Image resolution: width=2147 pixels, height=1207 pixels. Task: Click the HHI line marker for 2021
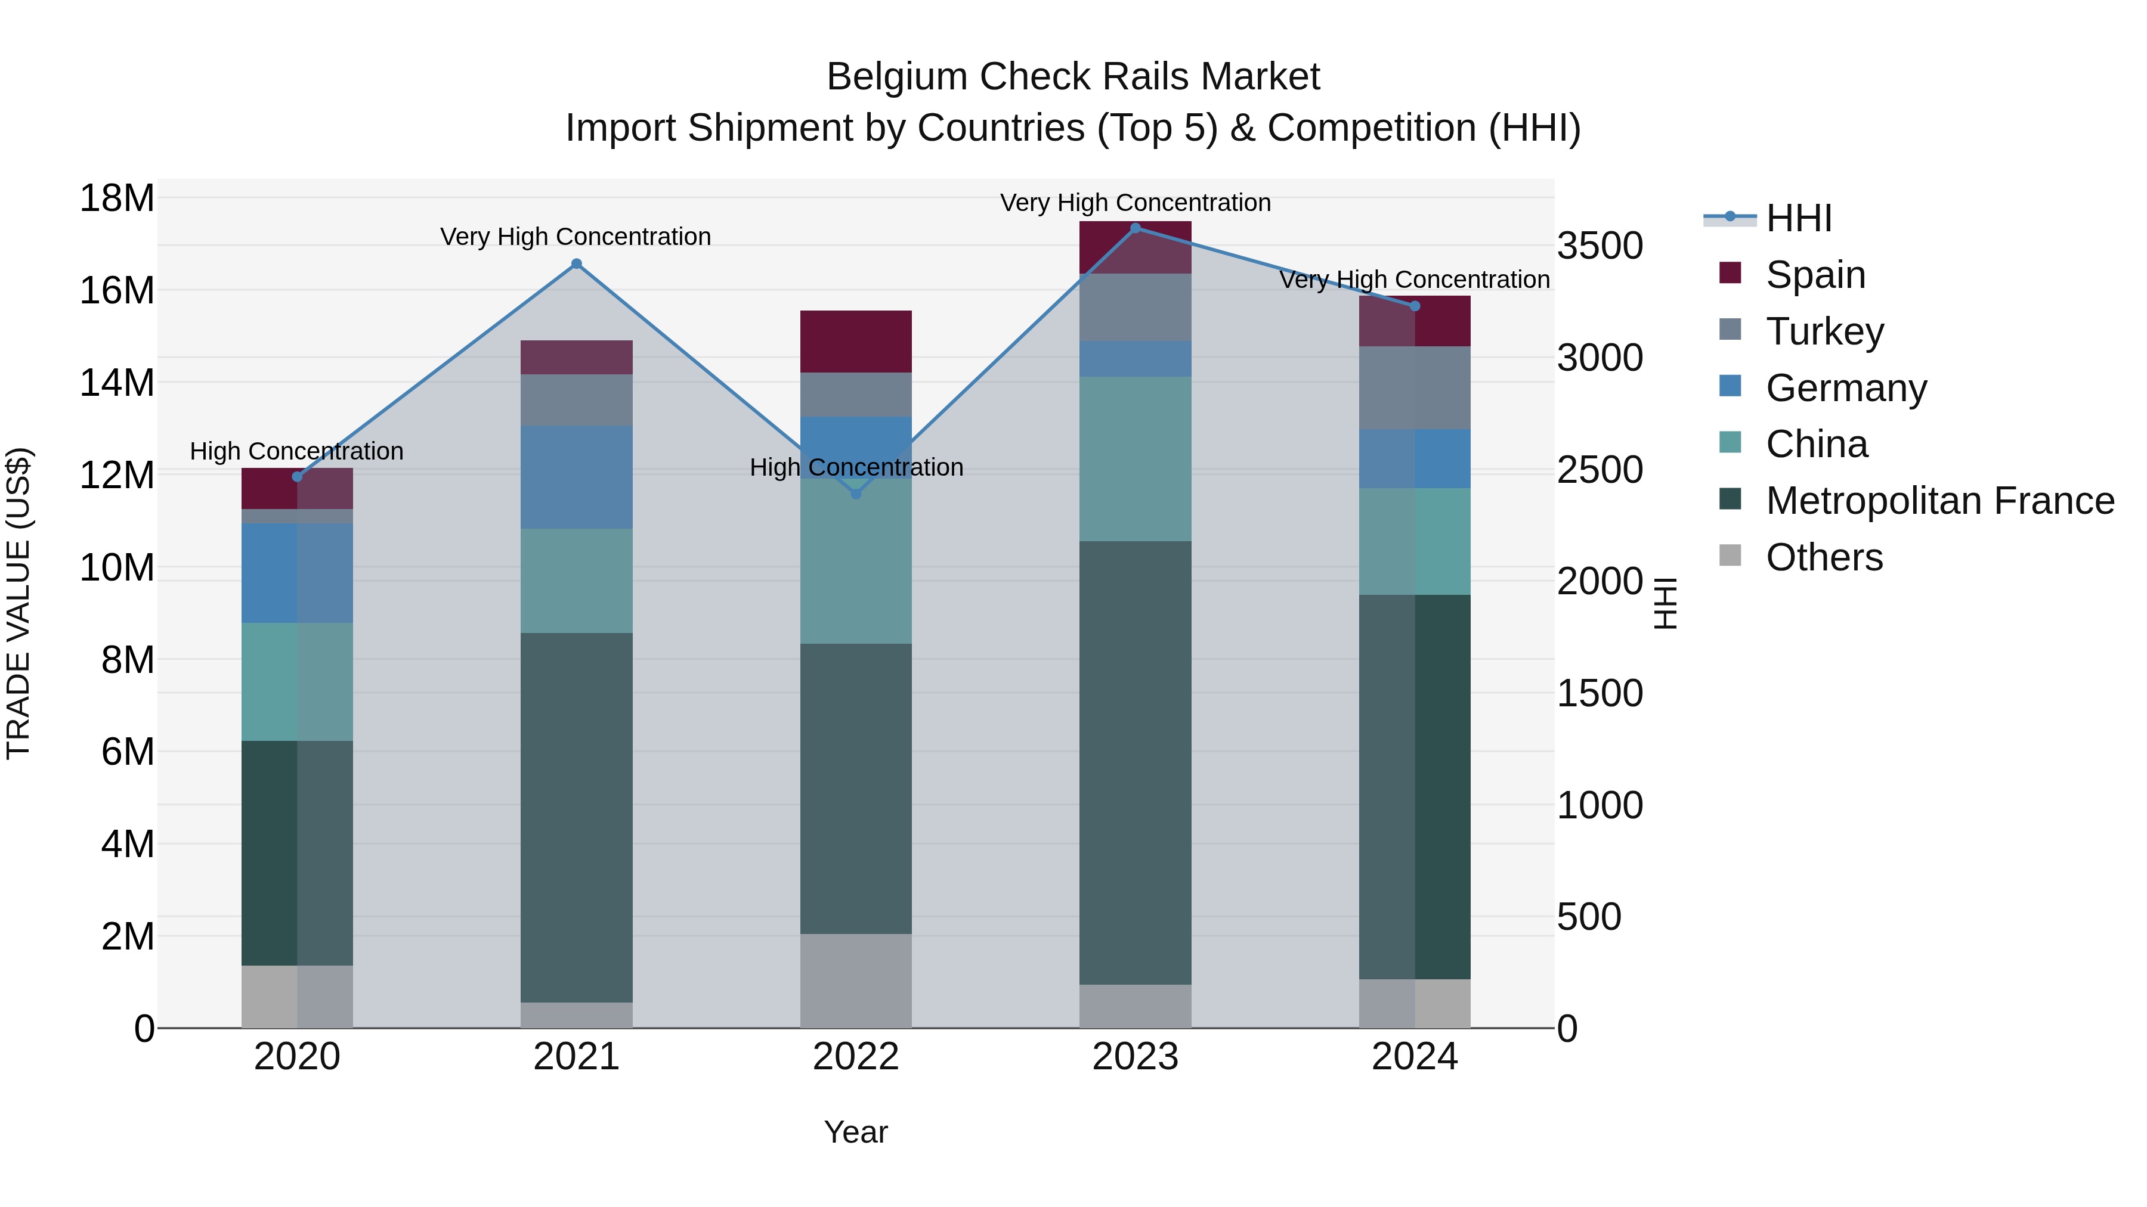point(576,264)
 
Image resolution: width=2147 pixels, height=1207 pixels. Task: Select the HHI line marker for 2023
point(1135,228)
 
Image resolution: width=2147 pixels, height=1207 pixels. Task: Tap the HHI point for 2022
point(856,494)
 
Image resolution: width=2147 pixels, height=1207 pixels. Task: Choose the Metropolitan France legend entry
point(1939,501)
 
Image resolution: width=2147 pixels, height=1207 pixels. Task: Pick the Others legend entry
point(1824,557)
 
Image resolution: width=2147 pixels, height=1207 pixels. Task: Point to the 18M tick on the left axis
point(117,199)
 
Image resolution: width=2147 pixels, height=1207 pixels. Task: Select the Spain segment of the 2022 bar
point(856,342)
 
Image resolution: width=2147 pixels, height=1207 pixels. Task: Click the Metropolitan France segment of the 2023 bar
point(1135,762)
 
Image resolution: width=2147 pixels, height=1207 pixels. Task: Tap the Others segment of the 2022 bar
point(856,981)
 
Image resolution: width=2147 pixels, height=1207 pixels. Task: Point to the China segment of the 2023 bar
point(1135,459)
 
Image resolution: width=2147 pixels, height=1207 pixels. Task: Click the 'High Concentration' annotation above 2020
point(297,451)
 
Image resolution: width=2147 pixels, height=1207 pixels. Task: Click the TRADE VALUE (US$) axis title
point(18,603)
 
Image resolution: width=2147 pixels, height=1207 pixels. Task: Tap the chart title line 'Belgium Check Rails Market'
point(1073,77)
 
